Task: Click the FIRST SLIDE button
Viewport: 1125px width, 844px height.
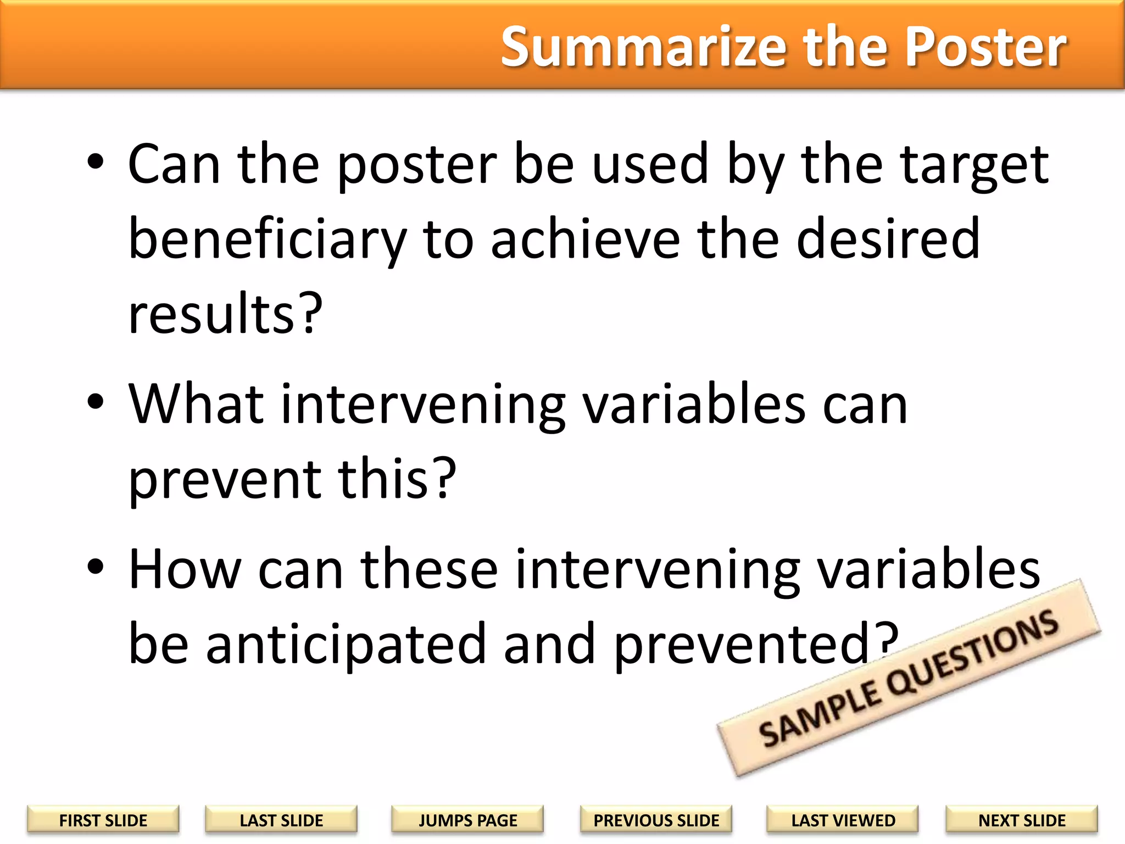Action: click(x=103, y=820)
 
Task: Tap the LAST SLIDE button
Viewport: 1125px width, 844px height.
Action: click(x=281, y=820)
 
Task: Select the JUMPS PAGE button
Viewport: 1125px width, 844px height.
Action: click(x=467, y=820)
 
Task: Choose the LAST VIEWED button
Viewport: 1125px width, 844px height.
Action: click(x=843, y=820)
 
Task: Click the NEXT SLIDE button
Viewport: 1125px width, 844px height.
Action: click(x=1022, y=820)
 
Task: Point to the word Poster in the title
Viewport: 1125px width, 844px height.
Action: click(x=985, y=47)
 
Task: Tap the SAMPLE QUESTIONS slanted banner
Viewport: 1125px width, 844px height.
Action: click(x=909, y=679)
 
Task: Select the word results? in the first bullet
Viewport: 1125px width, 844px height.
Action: click(x=225, y=314)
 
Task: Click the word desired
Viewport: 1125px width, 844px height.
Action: click(x=888, y=239)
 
